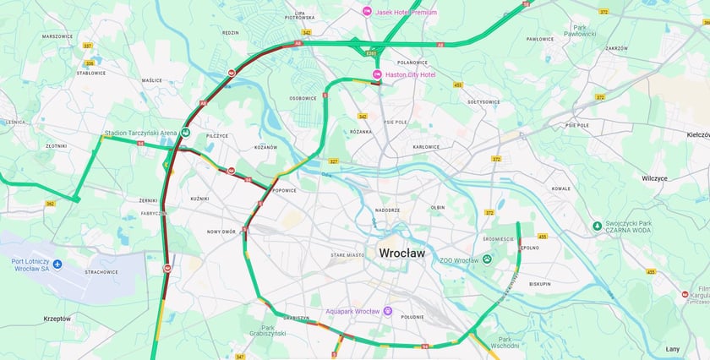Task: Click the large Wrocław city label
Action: (x=402, y=253)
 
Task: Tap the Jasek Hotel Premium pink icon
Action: (x=367, y=11)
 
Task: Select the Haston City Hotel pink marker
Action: (x=377, y=75)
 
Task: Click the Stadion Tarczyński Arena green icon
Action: (x=186, y=134)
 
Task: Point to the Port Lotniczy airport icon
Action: (x=57, y=265)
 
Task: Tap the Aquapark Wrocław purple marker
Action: (x=388, y=311)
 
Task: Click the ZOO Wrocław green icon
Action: (x=487, y=259)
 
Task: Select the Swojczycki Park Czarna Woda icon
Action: (x=597, y=226)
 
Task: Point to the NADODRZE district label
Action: (x=387, y=210)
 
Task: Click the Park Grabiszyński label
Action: (x=273, y=331)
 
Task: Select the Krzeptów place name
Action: (x=57, y=319)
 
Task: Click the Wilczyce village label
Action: (x=654, y=178)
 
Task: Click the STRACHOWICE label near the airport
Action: (x=101, y=272)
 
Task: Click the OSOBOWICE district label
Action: (x=303, y=98)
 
